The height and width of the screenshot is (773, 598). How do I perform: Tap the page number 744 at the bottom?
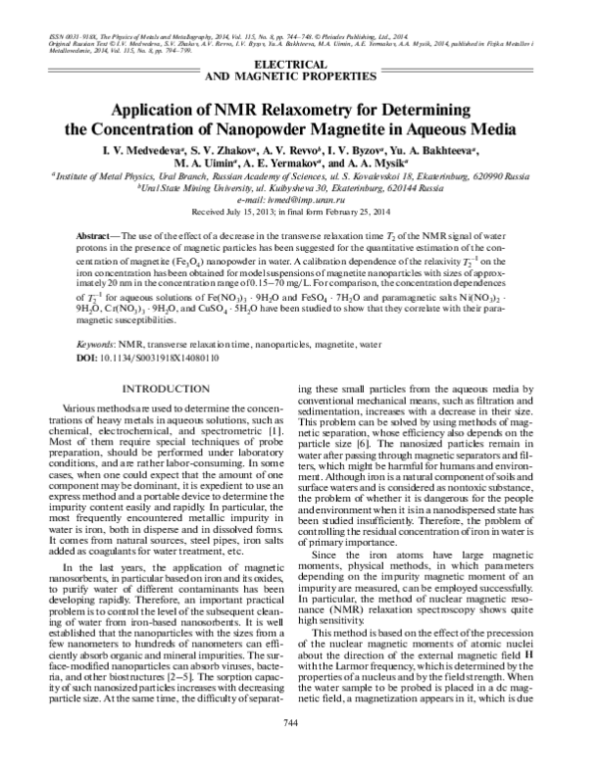(x=298, y=750)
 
